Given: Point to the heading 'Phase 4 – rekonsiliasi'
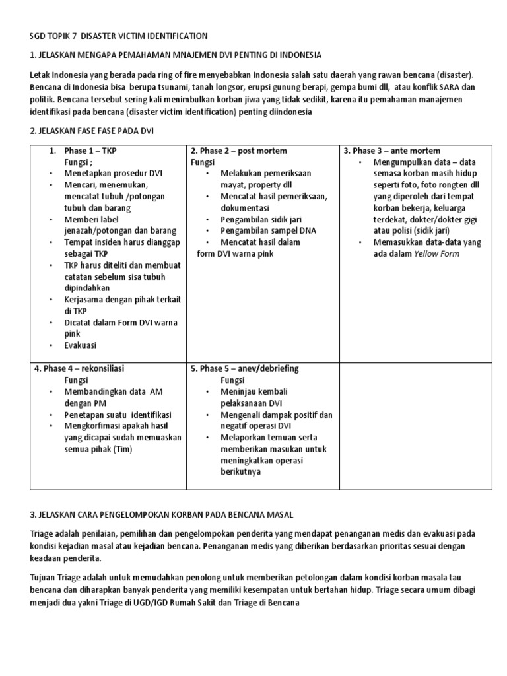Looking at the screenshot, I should click(x=79, y=368).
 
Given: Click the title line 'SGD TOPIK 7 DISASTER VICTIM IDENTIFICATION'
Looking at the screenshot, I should click(x=119, y=36).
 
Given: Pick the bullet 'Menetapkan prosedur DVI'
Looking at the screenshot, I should click(x=113, y=173).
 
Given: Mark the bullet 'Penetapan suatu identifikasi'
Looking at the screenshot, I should click(x=118, y=415).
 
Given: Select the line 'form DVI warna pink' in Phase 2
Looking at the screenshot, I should click(x=234, y=253).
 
